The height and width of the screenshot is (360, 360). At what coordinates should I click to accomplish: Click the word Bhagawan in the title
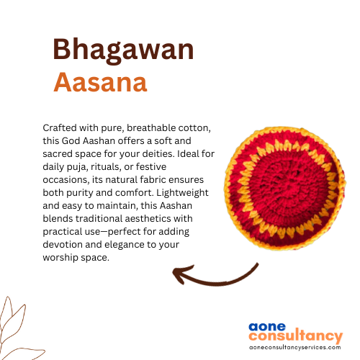(123, 50)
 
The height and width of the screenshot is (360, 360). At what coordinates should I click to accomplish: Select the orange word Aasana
(100, 82)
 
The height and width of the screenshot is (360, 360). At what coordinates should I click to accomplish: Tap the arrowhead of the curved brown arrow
(180, 274)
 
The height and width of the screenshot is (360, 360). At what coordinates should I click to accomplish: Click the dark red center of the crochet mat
(286, 187)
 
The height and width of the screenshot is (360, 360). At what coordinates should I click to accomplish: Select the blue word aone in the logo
(267, 327)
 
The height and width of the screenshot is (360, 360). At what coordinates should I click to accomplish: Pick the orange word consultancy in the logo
(296, 336)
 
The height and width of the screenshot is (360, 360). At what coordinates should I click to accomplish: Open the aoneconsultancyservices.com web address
(295, 347)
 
